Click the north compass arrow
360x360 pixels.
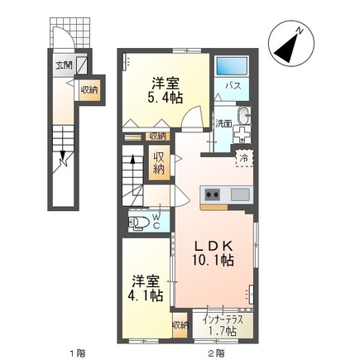291,45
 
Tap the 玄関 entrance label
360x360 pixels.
63,65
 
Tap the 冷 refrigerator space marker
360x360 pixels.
244,156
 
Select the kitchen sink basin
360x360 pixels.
240,195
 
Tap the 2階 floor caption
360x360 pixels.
217,351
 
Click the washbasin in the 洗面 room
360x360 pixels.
242,115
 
